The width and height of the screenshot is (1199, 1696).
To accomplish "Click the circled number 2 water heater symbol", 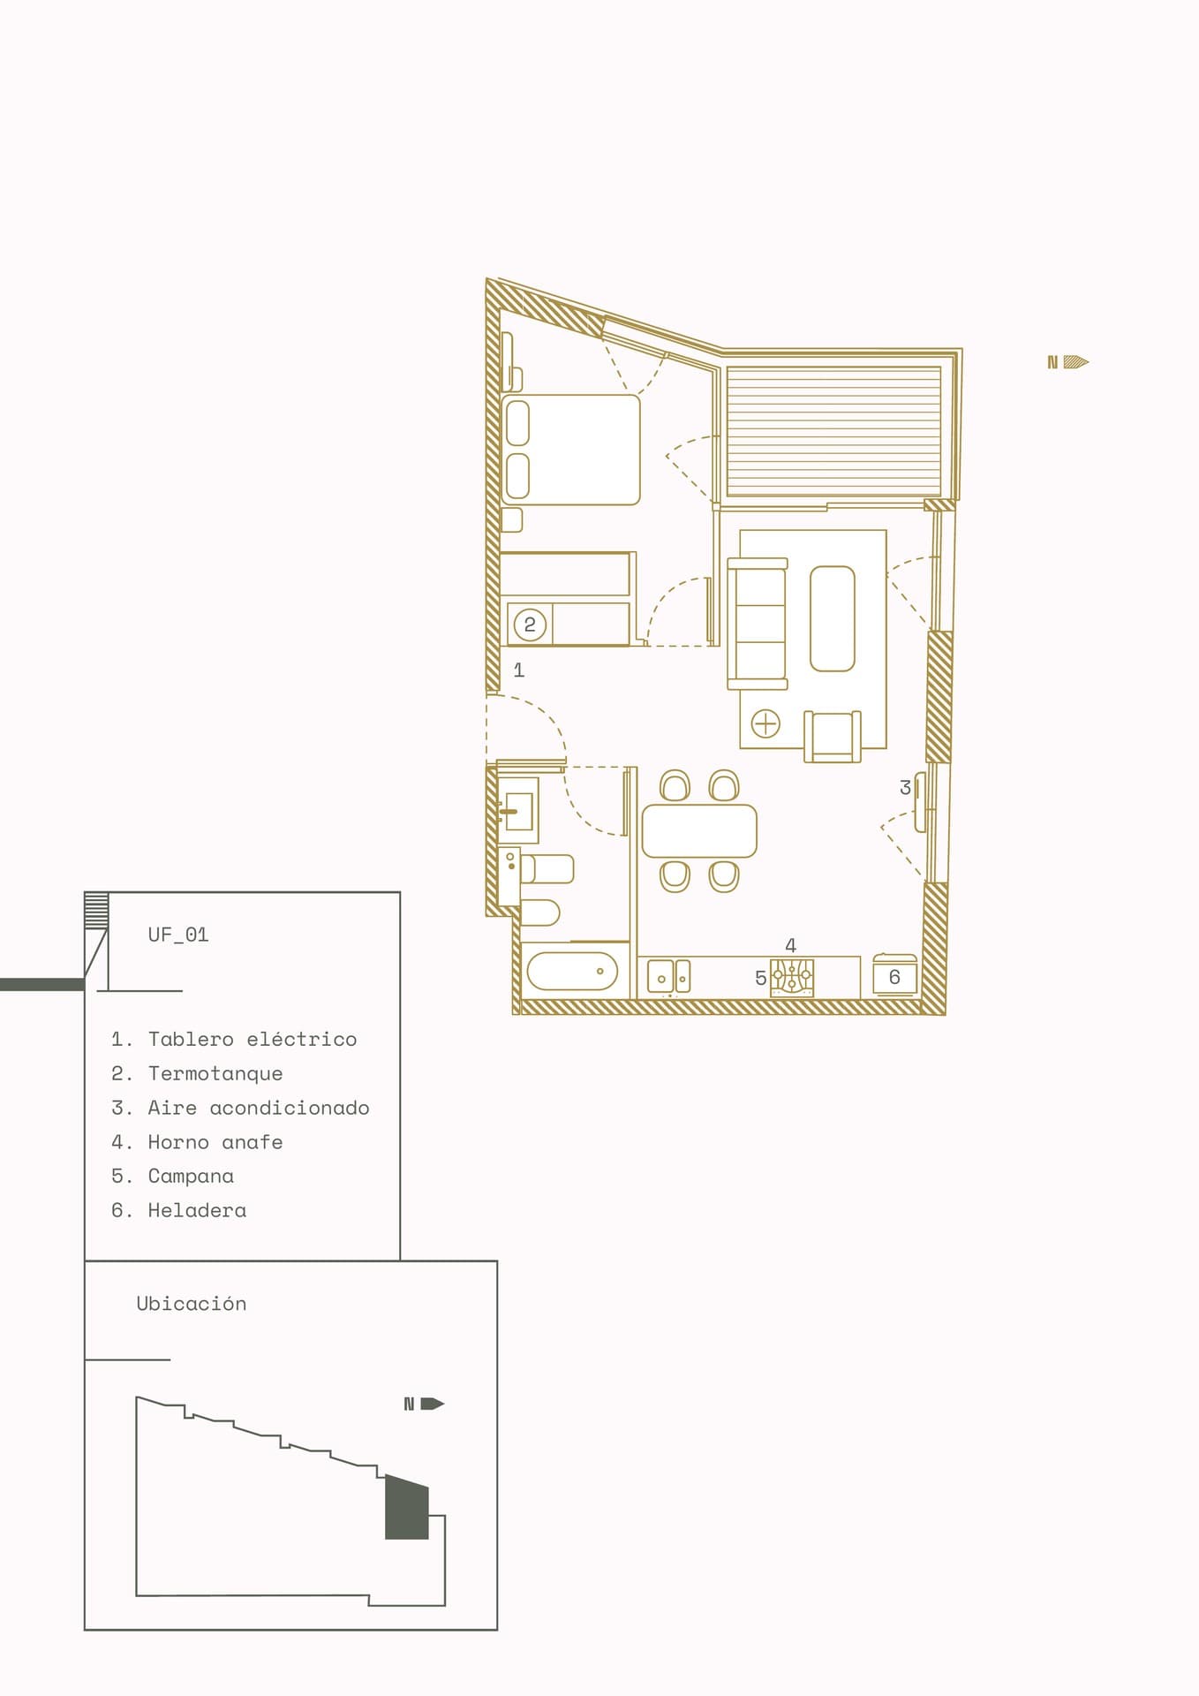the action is tap(530, 625).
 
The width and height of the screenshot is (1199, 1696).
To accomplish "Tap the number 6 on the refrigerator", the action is tap(894, 977).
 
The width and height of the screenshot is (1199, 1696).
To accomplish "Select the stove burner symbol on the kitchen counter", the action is tap(792, 978).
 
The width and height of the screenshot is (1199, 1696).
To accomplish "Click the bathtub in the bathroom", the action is tap(572, 971).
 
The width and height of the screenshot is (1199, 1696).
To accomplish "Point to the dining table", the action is tap(699, 830).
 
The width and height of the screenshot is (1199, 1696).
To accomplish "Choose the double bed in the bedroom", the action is tap(570, 450).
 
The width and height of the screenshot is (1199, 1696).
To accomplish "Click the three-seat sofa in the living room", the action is tap(757, 624).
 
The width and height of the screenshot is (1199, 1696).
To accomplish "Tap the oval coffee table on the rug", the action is tap(833, 618).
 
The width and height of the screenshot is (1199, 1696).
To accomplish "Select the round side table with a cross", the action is tap(765, 723).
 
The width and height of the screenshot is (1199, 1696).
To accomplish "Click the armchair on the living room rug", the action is tap(833, 736).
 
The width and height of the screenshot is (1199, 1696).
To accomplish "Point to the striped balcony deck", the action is tap(833, 431).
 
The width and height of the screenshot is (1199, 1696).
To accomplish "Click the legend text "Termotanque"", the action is tap(215, 1073).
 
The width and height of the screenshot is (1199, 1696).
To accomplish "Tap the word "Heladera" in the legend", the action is tap(197, 1210).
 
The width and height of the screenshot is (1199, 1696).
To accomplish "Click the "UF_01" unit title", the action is tap(178, 935).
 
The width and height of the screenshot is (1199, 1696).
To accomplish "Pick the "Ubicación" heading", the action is tap(192, 1303).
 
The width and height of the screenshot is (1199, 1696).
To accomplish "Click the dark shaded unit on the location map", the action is tap(407, 1507).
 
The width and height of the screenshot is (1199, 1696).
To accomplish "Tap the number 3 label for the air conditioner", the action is tap(905, 787).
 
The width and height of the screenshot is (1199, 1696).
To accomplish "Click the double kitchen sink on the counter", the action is tap(668, 977).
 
